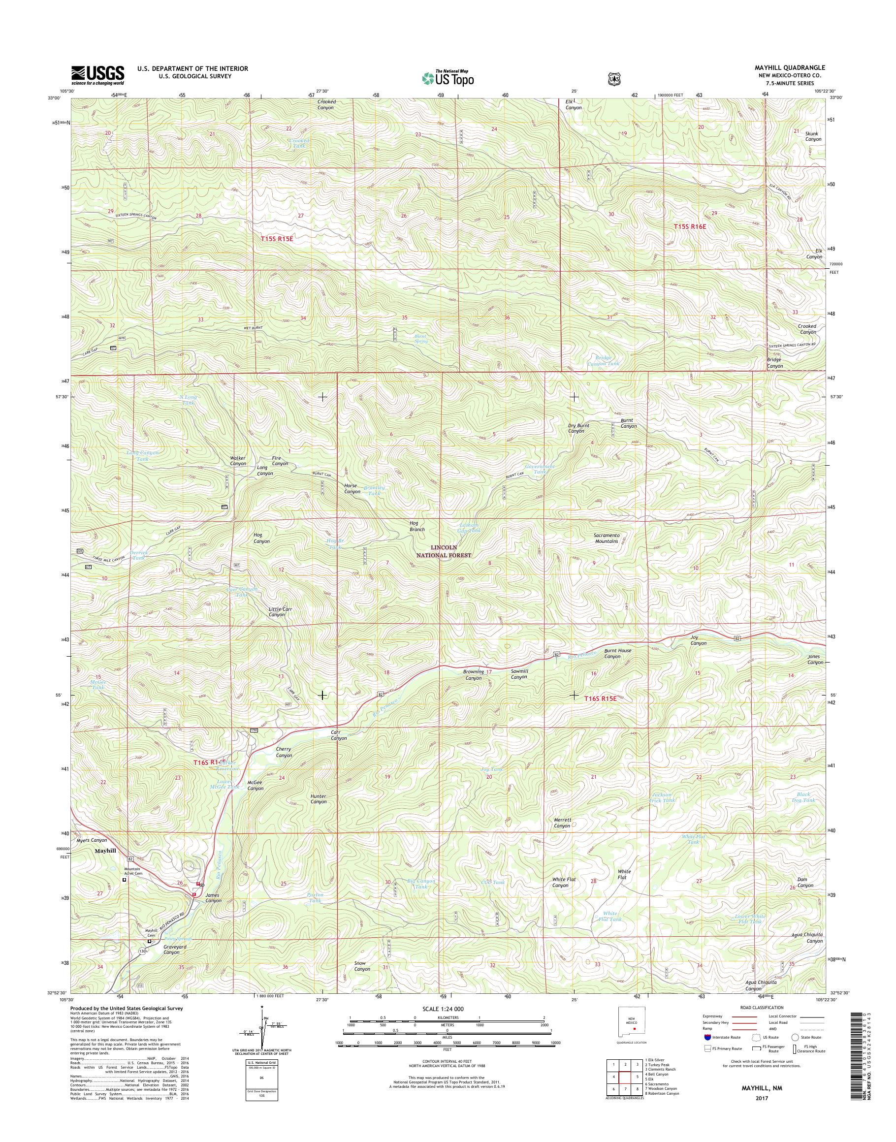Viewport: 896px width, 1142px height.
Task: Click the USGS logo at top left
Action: [x=97, y=75]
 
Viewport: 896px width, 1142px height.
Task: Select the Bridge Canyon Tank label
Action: [x=603, y=360]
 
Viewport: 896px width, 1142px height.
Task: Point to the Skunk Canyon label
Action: [x=813, y=136]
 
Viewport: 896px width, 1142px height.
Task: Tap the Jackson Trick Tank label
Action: [x=662, y=797]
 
